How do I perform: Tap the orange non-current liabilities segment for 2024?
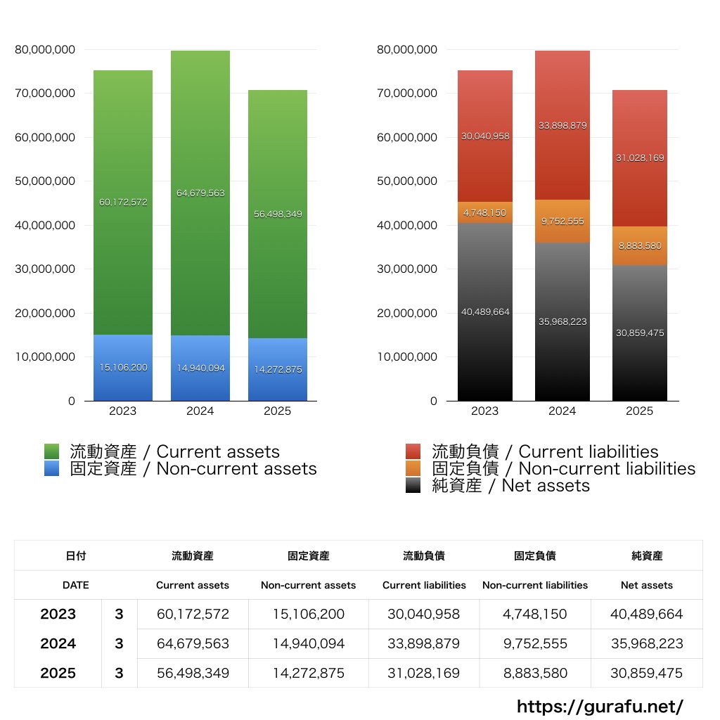562,221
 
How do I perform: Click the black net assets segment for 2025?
640,352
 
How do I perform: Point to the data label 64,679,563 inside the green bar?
200,193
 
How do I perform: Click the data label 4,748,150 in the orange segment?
485,212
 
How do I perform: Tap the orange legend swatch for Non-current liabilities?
413,468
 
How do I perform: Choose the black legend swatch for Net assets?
413,485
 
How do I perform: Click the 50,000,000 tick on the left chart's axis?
44,181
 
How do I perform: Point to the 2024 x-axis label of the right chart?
562,411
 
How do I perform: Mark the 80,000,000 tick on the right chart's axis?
406,49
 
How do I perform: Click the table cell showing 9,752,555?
535,643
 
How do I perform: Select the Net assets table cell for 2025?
647,673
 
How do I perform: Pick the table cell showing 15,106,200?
308,614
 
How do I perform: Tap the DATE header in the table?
75,585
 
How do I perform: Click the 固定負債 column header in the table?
535,555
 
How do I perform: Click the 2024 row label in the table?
58,643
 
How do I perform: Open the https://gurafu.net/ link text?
600,706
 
